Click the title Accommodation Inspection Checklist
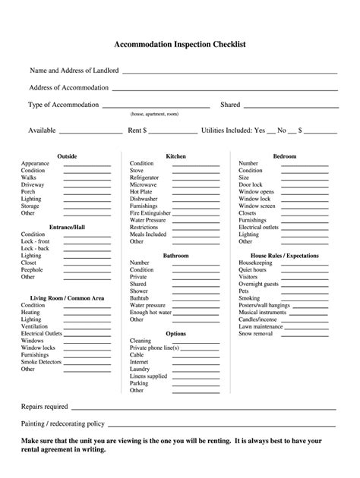[x=180, y=45]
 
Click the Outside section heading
[x=67, y=156]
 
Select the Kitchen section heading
[x=175, y=156]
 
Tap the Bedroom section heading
[x=284, y=156]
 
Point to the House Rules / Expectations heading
[x=284, y=256]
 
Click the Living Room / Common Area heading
[x=67, y=298]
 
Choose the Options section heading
[x=175, y=334]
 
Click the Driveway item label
[x=33, y=184]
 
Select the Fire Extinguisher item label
[x=150, y=213]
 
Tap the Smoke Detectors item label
[x=41, y=362]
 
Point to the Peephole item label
[x=33, y=269]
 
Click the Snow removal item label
[x=257, y=334]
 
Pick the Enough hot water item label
[x=149, y=313]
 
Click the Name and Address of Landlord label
[x=74, y=71]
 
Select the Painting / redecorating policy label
[x=63, y=423]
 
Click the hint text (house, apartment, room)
[x=154, y=114]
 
